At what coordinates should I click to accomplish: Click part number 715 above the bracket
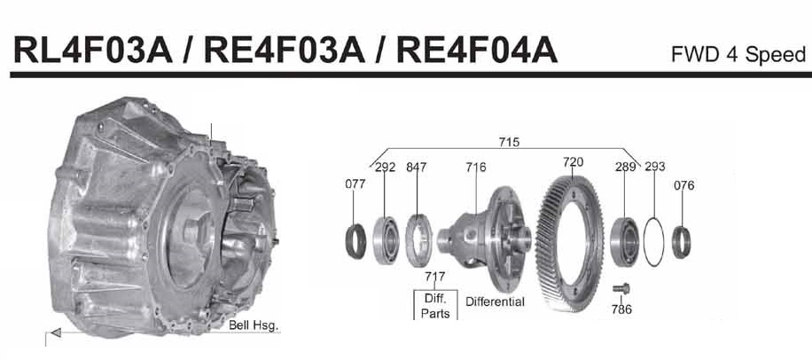click(509, 142)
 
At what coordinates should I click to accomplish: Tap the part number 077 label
click(355, 184)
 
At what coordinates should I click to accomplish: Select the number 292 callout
click(386, 167)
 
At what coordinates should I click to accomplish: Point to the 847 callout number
click(417, 167)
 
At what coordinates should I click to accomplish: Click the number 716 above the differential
click(476, 167)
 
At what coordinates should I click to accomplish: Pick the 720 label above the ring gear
click(573, 162)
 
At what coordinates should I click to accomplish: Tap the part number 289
click(625, 167)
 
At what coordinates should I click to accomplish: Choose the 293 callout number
click(654, 167)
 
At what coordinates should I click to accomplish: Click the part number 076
click(684, 185)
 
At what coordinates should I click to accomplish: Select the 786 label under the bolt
click(621, 309)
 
